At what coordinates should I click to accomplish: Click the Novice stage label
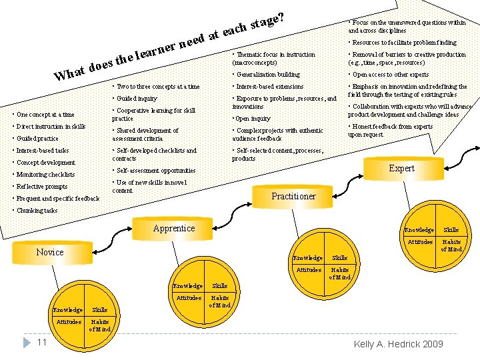pyautogui.click(x=50, y=252)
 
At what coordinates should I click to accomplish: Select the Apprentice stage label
pyautogui.click(x=174, y=228)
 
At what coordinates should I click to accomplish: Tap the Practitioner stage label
pyautogui.click(x=293, y=196)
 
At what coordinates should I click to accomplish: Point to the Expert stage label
pyautogui.click(x=401, y=168)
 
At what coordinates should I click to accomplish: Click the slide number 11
pyautogui.click(x=41, y=342)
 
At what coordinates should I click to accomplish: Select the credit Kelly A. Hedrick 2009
pyautogui.click(x=398, y=344)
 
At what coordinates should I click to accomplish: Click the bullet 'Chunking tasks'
pyautogui.click(x=37, y=211)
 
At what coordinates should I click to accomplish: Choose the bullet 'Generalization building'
pyautogui.click(x=266, y=75)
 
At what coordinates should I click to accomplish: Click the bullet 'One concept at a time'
pyautogui.click(x=45, y=115)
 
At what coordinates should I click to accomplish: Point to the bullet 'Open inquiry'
pyautogui.click(x=252, y=119)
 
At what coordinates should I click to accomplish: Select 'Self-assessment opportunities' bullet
pyautogui.click(x=154, y=171)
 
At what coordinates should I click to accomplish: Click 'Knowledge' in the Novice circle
pyautogui.click(x=68, y=310)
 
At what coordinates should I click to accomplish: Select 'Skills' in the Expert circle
pyautogui.click(x=451, y=230)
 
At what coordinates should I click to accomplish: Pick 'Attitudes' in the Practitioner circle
pyautogui.click(x=308, y=270)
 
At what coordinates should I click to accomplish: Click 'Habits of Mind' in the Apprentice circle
pyautogui.click(x=220, y=301)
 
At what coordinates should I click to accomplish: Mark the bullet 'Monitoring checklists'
pyautogui.click(x=45, y=175)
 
